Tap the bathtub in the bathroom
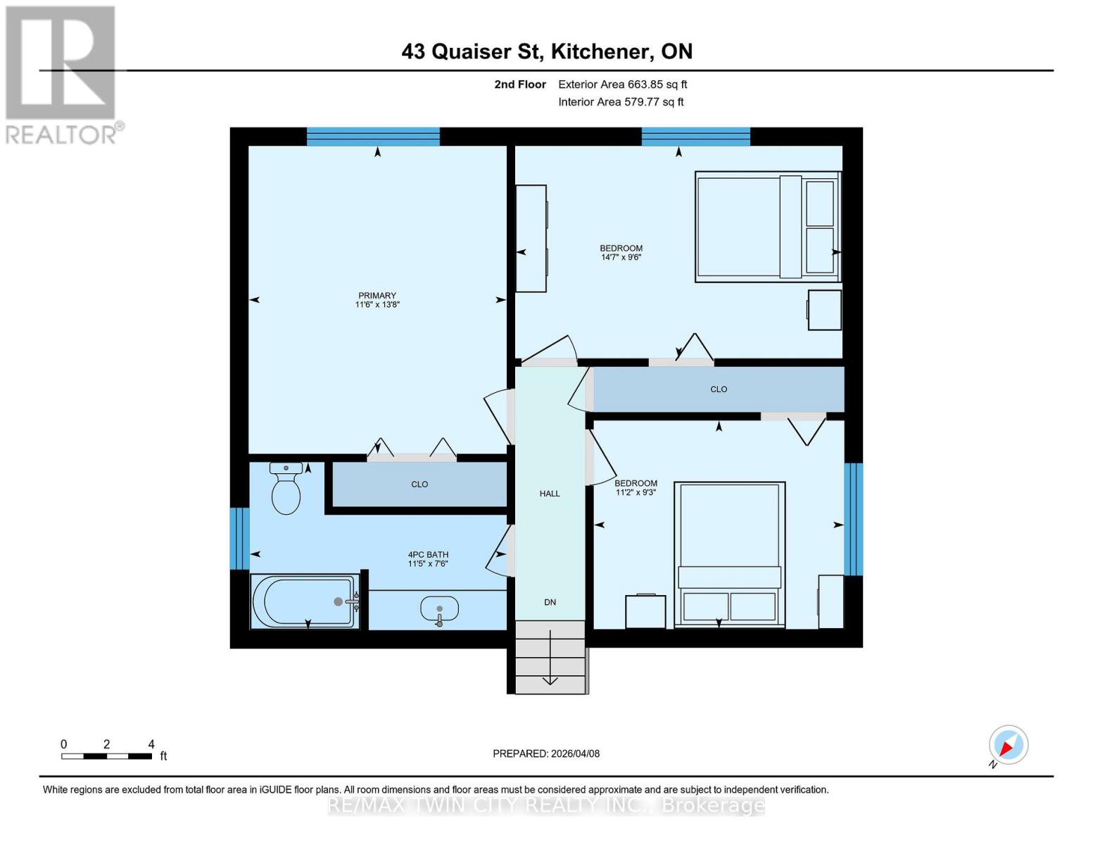coord(304,601)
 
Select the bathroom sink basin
coord(439,608)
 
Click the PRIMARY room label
coord(377,296)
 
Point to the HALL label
coord(550,494)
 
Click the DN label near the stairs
coord(550,602)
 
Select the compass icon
coord(1008,745)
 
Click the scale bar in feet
coord(106,756)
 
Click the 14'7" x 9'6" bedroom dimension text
coord(621,258)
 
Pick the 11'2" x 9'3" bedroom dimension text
coord(636,493)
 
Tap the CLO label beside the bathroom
coord(419,484)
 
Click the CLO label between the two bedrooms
coord(719,389)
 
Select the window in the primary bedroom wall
coord(373,137)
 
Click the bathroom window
coord(239,539)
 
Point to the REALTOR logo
coord(62,74)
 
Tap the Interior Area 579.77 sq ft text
coord(621,102)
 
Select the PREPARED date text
coord(546,753)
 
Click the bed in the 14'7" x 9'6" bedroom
coord(767,227)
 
